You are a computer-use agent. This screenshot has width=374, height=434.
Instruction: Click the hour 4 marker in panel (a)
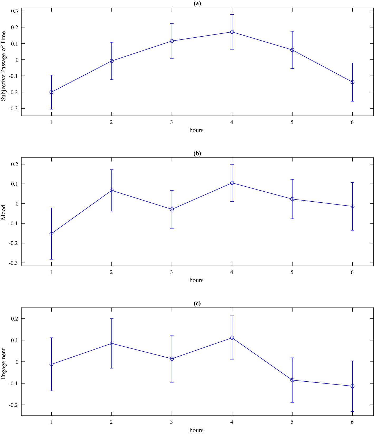pos(232,32)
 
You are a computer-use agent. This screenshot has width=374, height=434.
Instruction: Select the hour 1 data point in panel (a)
pos(51,92)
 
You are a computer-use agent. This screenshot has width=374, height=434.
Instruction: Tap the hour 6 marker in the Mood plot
pos(352,206)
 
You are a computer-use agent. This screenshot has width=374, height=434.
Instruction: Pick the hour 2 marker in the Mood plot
pos(111,190)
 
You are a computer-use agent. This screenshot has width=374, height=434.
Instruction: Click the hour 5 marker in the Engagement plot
pos(292,380)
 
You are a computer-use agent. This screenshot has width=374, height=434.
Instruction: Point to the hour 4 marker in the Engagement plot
pos(232,338)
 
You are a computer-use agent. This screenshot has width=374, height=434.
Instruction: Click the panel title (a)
pos(197,3)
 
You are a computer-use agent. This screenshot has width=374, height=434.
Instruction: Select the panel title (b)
pos(197,153)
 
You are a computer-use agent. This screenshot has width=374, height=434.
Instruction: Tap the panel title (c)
pos(197,303)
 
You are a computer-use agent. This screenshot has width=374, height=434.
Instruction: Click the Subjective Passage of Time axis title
pos(3,66)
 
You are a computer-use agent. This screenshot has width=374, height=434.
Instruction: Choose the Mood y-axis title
pos(3,212)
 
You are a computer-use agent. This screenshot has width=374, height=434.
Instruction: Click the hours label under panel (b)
pos(196,280)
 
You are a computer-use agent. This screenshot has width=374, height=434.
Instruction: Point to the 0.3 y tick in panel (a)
pos(14,11)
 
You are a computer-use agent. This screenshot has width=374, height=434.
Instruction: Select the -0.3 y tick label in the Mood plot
pos(13,263)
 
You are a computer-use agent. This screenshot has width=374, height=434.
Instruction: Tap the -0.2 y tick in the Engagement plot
pos(13,405)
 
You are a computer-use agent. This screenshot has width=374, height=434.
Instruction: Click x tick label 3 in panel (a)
pos(172,122)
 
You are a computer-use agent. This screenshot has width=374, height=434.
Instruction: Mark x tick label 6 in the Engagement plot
pos(352,422)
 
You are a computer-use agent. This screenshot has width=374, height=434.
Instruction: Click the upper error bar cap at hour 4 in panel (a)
pos(232,14)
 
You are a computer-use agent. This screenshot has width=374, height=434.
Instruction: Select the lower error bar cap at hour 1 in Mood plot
pos(51,259)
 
